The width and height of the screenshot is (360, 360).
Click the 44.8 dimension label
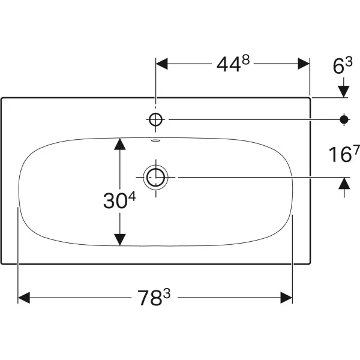coord(231,65)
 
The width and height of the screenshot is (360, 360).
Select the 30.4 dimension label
coord(121,200)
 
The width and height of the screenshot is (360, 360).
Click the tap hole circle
coord(155,119)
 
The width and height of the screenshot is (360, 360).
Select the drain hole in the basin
coord(156,177)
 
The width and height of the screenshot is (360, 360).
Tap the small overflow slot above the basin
coord(156,142)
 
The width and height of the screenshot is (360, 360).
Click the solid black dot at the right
coord(344,119)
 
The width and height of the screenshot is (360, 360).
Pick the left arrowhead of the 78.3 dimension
coord(25,298)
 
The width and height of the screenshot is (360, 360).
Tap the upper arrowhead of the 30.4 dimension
coord(121,144)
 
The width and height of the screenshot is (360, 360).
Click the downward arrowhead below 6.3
coord(344,90)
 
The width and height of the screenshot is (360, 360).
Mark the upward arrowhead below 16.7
coord(344,184)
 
